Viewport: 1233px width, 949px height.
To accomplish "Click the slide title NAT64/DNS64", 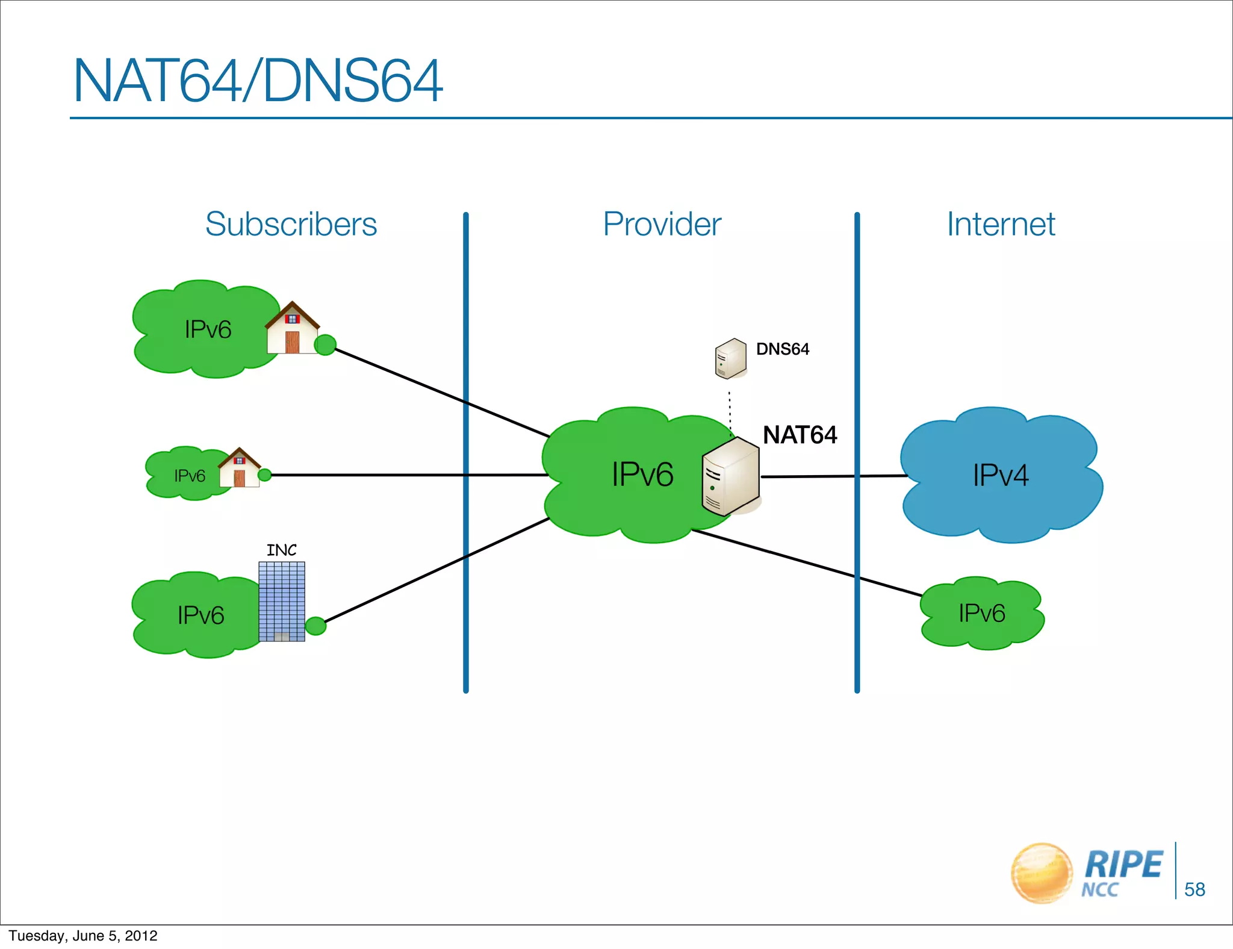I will tap(258, 81).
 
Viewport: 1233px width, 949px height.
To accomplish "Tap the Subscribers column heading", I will tap(291, 224).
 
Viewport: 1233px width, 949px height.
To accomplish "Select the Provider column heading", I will tap(662, 224).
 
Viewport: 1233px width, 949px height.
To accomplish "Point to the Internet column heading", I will tap(1001, 224).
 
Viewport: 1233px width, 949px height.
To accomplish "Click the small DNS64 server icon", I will tap(730, 358).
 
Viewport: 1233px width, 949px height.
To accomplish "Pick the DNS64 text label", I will tap(782, 349).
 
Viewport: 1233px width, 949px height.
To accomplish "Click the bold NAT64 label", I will tap(800, 435).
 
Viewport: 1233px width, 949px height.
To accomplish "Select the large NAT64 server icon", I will tap(730, 476).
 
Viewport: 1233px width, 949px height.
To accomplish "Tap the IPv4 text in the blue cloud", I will tap(1000, 475).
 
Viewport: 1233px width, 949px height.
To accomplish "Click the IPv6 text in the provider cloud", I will tap(642, 474).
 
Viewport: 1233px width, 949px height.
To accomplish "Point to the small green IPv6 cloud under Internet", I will tap(981, 613).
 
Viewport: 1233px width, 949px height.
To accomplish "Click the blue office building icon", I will tap(282, 601).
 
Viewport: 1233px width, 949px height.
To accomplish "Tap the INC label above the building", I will tap(281, 550).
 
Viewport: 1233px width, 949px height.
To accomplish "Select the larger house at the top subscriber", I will tap(292, 328).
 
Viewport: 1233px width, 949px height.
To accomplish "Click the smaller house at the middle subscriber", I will tap(239, 468).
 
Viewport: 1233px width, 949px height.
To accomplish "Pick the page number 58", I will tap(1194, 889).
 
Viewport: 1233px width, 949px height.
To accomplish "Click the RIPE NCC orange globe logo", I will tap(1042, 873).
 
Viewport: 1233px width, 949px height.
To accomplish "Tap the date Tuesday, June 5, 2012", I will tap(83, 936).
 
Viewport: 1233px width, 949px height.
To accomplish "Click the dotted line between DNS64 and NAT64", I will tap(730, 412).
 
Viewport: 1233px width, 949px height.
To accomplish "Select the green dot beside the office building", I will tap(315, 626).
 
